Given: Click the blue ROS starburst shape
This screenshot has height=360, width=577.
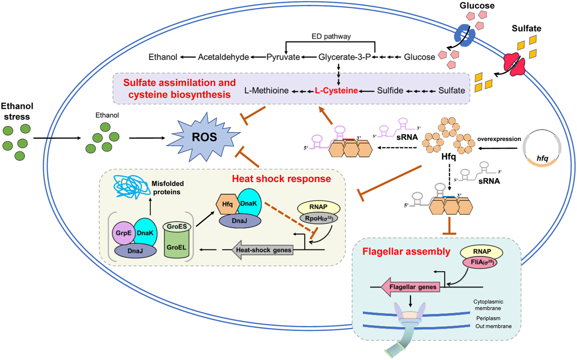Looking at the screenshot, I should tap(204, 137).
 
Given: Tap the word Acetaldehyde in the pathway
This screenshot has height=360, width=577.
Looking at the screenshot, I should tap(223, 57).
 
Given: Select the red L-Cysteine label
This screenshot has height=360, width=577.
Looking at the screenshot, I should tap(336, 90).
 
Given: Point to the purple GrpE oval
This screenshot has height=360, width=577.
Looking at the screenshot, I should tap(123, 233).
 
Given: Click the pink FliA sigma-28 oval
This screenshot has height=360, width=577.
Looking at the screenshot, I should tap(480, 262).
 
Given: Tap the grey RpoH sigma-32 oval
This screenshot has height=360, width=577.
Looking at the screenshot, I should tap(319, 218).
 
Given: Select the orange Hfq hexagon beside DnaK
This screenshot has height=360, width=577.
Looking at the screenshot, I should tap(227, 204).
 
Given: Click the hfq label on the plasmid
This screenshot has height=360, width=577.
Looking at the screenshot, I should tap(542, 159).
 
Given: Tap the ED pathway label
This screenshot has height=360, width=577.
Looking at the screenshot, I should tap(331, 36).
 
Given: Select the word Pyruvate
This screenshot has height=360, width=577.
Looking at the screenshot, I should tap(283, 57).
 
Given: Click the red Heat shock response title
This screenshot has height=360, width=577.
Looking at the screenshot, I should tap(281, 179).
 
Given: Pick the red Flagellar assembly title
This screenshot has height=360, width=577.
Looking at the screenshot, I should tap(406, 251).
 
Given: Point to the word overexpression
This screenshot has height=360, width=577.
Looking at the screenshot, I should tap(499, 139).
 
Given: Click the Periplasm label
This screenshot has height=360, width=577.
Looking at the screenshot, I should tap(488, 318).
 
